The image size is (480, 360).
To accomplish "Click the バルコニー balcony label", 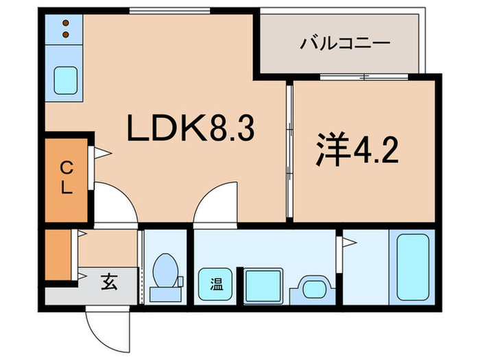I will click(346, 44).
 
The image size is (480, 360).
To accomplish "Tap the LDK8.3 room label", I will click(191, 128).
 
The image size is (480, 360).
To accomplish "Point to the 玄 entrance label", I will click(110, 281).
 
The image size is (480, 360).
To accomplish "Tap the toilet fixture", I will click(165, 274).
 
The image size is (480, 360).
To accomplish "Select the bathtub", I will click(413, 266).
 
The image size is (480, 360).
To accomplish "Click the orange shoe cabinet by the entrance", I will click(59, 255).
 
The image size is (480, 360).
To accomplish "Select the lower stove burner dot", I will click(67, 34).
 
